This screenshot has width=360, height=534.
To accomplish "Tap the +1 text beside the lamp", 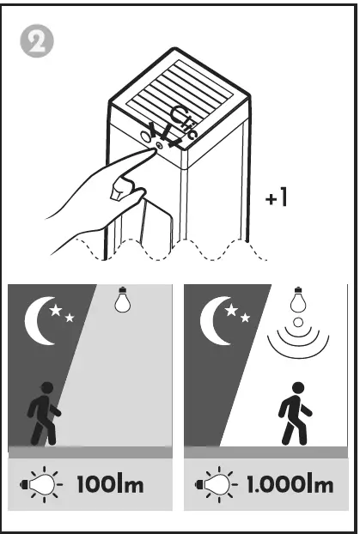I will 276,198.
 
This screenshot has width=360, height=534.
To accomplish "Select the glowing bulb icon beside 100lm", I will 45,484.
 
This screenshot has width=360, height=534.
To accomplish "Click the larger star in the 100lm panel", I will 58,310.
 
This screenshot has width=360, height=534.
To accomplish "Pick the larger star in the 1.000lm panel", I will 234,310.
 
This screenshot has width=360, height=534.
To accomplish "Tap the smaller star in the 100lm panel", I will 70,319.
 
